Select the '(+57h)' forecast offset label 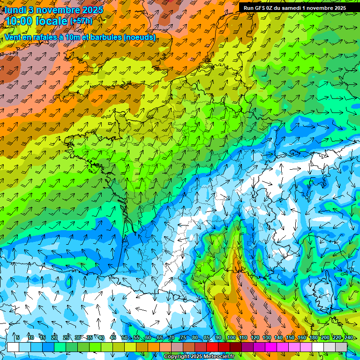tap(81, 21)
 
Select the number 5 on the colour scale tap(18, 337)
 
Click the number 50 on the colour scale tap(124, 337)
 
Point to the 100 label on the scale tap(231, 337)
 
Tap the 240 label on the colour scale tap(348, 337)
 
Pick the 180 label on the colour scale tap(313, 337)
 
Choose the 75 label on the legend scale tap(183, 337)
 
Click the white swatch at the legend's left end tap(13, 346)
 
